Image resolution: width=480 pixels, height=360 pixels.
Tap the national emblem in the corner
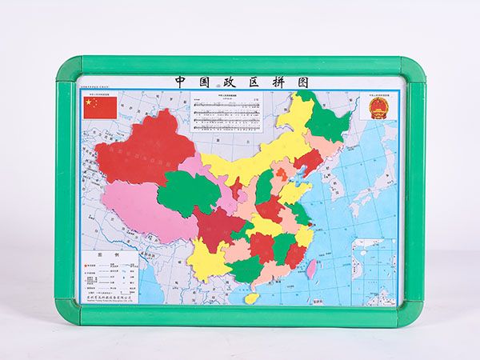(x=378, y=108)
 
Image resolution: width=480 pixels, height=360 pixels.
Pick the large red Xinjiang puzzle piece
(x=144, y=152)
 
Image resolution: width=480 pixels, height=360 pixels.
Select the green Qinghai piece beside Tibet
(x=189, y=193)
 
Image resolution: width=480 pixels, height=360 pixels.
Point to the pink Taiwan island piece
(x=311, y=269)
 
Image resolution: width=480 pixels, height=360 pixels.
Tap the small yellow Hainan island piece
(x=252, y=298)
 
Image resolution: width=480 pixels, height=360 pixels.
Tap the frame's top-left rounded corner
(x=68, y=67)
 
